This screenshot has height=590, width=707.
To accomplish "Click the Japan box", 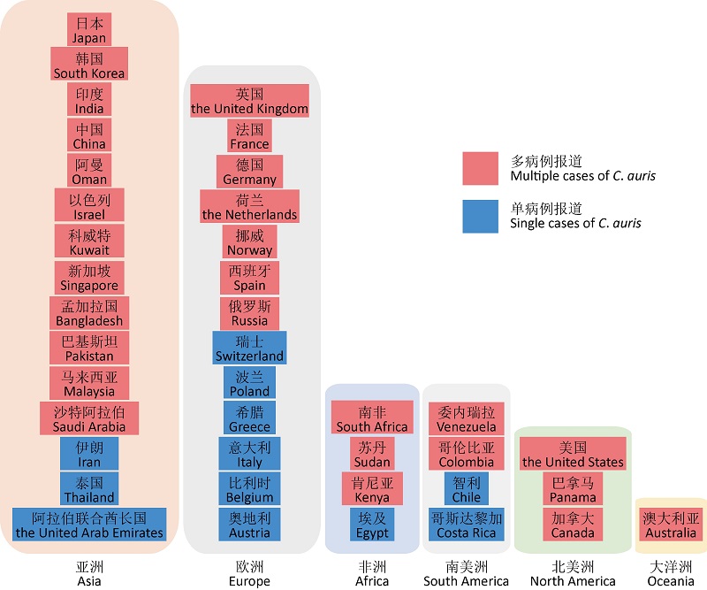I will [89, 29].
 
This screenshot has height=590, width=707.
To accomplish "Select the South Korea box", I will [89, 65].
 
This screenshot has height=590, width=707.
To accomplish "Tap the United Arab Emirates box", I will [89, 525].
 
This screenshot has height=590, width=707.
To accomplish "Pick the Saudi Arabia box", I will [89, 418].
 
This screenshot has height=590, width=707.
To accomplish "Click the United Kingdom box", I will [249, 101].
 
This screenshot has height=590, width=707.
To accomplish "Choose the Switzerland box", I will [249, 348].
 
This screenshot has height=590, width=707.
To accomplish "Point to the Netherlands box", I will [249, 206].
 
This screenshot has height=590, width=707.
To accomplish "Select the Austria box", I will [249, 525].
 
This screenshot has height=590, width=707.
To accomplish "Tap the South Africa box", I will [372, 418].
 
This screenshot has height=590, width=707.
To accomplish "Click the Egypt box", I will [372, 525].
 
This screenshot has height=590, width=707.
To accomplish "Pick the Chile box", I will [466, 489].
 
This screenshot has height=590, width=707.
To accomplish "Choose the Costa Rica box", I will [466, 525].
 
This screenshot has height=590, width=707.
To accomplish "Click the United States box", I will [573, 454].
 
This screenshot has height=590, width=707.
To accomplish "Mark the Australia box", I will [671, 525].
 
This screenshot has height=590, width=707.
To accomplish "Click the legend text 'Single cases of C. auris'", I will [575, 224].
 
